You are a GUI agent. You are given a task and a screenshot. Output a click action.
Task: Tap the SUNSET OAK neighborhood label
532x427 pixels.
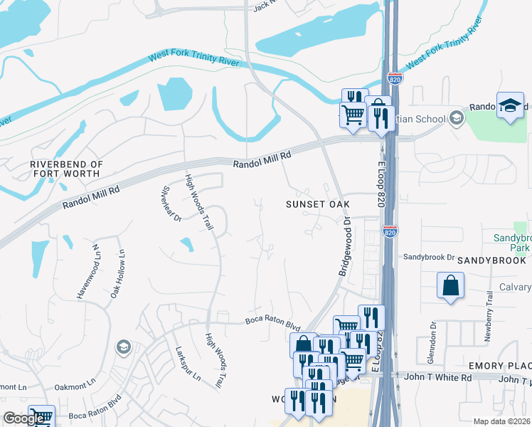pyautogui.click(x=318, y=204)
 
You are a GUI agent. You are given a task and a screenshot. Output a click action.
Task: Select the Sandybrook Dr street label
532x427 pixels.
pyautogui.click(x=429, y=257)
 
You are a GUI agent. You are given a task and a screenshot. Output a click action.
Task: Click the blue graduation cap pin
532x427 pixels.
pyautogui.click(x=510, y=106)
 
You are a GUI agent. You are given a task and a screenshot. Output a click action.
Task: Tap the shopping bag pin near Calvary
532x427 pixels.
pyautogui.click(x=451, y=286)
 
